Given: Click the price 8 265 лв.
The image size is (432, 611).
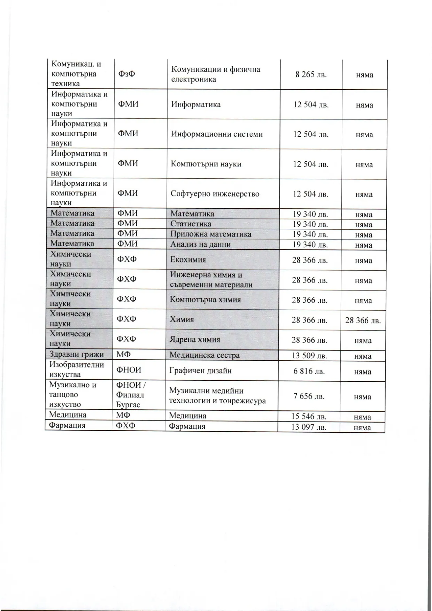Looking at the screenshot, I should (x=311, y=75).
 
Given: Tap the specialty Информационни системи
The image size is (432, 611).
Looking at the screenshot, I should (x=217, y=134).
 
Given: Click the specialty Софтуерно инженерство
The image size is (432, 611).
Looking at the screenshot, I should (x=215, y=194).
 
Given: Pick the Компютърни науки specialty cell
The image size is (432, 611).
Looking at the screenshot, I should (x=206, y=164).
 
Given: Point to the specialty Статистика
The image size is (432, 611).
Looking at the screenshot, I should (x=191, y=224).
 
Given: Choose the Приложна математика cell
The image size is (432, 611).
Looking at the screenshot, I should (x=211, y=234).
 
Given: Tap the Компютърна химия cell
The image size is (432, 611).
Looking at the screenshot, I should (x=205, y=300).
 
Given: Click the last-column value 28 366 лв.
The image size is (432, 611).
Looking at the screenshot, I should (x=363, y=320).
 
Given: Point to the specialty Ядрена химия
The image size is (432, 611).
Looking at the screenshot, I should (x=195, y=340).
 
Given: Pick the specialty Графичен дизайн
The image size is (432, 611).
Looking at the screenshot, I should (x=200, y=371).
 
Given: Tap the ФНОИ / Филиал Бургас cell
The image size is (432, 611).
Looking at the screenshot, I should (x=130, y=395).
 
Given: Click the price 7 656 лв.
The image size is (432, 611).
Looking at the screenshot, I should (x=309, y=396).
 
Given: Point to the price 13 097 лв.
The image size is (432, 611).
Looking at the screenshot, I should (x=309, y=427).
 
